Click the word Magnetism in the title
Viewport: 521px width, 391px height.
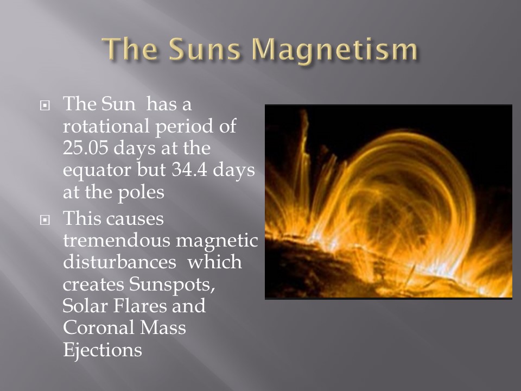pyautogui.click(x=334, y=50)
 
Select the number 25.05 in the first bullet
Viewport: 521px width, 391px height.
pyautogui.click(x=85, y=148)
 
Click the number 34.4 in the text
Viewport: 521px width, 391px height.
pyautogui.click(x=189, y=169)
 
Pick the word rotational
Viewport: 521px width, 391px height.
pyautogui.click(x=106, y=126)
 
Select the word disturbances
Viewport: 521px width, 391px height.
pyautogui.click(x=119, y=262)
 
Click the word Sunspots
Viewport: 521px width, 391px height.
pyautogui.click(x=172, y=285)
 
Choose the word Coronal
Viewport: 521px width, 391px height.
pyautogui.click(x=98, y=327)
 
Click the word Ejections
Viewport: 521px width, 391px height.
pyautogui.click(x=103, y=350)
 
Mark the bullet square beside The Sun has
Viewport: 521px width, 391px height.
pyautogui.click(x=45, y=106)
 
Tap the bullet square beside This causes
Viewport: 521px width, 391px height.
pyautogui.click(x=45, y=220)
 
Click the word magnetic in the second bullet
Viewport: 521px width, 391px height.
pyautogui.click(x=217, y=241)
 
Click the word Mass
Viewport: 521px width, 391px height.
pyautogui.click(x=163, y=327)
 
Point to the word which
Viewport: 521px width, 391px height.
pyautogui.click(x=214, y=262)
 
